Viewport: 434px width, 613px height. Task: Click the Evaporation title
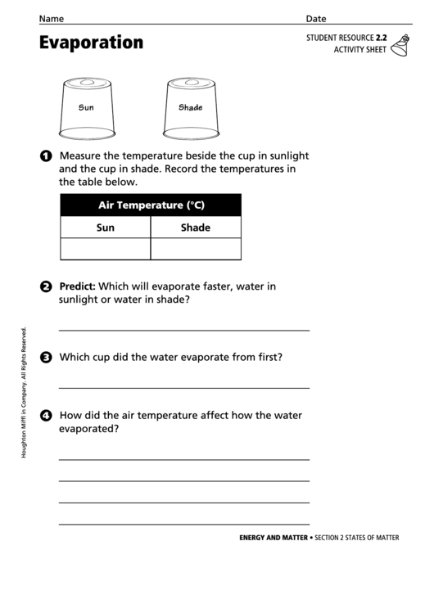(x=91, y=43)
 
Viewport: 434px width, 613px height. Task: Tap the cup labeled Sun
(x=87, y=107)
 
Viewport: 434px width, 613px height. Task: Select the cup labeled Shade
(x=190, y=107)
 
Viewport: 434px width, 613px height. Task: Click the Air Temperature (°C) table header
(x=151, y=205)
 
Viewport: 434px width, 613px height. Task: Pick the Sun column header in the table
(x=106, y=228)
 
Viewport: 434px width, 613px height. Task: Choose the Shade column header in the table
(x=196, y=228)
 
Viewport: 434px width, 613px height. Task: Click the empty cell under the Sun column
(x=106, y=249)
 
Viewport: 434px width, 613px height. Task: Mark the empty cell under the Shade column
(x=196, y=249)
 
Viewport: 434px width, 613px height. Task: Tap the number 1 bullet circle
(x=46, y=156)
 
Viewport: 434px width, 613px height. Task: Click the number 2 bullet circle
(x=46, y=286)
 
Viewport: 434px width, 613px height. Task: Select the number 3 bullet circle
(x=46, y=357)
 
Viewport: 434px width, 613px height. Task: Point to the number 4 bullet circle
(x=46, y=416)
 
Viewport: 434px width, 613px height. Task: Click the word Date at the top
(x=316, y=18)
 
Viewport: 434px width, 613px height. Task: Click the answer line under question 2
(x=184, y=330)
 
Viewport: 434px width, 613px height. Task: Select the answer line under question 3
(x=184, y=387)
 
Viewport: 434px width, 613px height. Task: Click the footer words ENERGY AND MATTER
(x=274, y=538)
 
